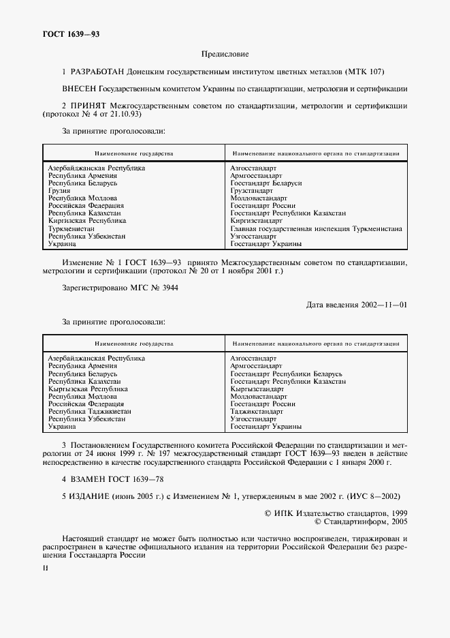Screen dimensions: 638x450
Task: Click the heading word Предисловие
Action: pyautogui.click(x=225, y=53)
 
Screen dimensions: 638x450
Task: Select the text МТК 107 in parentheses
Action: pyautogui.click(x=366, y=70)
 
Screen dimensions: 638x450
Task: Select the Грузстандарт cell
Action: pyautogui.click(x=251, y=191)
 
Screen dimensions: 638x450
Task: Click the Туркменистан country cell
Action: pyautogui.click(x=71, y=228)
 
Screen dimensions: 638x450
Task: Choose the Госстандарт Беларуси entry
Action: pyautogui.click(x=266, y=183)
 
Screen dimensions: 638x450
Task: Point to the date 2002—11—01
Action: pyautogui.click(x=383, y=305)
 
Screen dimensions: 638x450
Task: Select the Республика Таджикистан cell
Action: pyautogui.click(x=90, y=411)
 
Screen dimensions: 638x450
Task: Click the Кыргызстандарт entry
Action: pyautogui.click(x=257, y=389)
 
